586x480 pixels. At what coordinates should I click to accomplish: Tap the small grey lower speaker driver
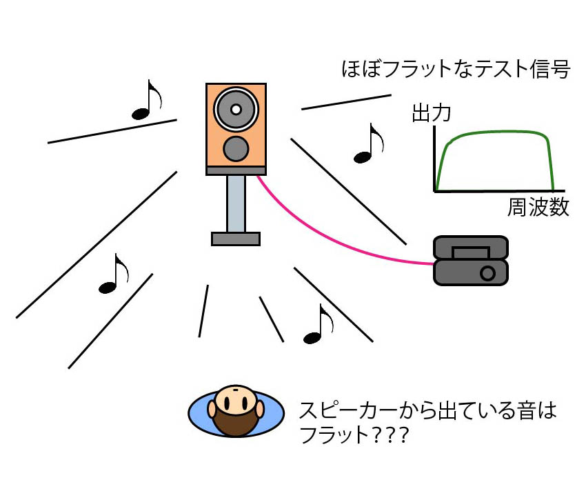pyautogui.click(x=236, y=148)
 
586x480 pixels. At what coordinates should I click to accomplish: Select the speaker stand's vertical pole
pyautogui.click(x=236, y=203)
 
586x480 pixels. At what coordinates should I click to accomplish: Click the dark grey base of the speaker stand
pyautogui.click(x=236, y=239)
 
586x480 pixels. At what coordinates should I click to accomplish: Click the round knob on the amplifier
pyautogui.click(x=487, y=273)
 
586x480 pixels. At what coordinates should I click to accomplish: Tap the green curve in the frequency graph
pyautogui.click(x=496, y=132)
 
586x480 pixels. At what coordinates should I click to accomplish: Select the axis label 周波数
pyautogui.click(x=538, y=208)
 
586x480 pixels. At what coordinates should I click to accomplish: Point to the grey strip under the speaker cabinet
pyautogui.click(x=236, y=170)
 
